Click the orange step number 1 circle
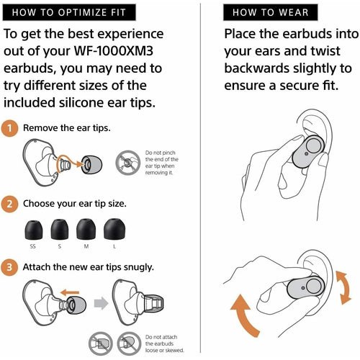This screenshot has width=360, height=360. pos(9,128)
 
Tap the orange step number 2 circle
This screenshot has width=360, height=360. pos(9,204)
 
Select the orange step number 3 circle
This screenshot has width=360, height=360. pos(9,267)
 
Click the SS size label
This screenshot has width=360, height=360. pos(33,246)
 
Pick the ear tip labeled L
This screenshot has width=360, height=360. pos(114,229)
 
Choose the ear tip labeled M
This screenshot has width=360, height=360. pos(86,229)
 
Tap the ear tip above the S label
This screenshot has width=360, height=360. pos(60,229)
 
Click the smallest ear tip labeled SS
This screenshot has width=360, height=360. pos(34,230)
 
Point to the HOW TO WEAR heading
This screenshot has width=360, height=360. pos(271,12)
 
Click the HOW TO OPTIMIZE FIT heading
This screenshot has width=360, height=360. pos(69,12)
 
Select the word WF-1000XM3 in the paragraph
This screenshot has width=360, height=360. pos(113,51)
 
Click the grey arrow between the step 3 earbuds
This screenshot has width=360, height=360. pos(101,303)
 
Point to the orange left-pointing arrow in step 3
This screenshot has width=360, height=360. pos(70,292)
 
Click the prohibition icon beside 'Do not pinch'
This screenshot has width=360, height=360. pos(128,163)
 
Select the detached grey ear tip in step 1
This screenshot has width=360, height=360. pos(91,165)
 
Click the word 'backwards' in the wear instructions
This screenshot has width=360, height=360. pos(257,68)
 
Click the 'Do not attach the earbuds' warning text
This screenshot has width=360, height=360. pos(164,343)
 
